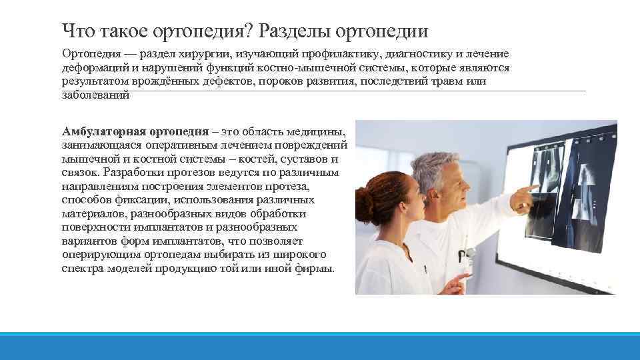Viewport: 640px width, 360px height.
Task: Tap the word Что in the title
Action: click(x=79, y=31)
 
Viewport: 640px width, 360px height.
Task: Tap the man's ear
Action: click(x=433, y=189)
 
